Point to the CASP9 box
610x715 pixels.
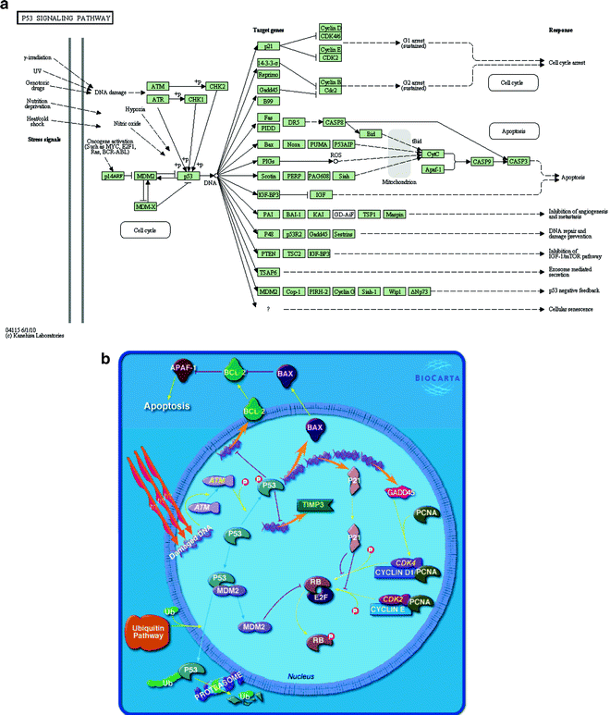(482, 161)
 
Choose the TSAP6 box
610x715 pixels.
(270, 272)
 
